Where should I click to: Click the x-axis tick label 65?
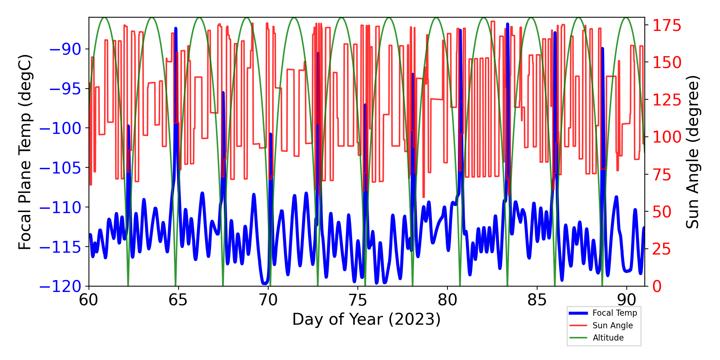coord(178,300)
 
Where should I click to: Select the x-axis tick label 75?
coord(357,300)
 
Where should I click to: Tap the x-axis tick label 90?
coord(627,300)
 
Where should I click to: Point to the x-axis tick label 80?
coord(447,300)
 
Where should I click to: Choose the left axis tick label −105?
coord(60,168)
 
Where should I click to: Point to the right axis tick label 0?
coord(657,287)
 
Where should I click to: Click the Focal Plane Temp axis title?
coord(25,152)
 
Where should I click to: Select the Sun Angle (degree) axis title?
coord(692,152)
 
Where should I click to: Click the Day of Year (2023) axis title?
coord(366,319)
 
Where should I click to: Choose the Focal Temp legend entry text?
coord(615,313)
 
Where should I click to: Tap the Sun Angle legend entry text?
coord(612,325)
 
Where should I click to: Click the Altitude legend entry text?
coord(608,338)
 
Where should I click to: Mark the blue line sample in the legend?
coord(578,313)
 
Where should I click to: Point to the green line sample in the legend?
coord(578,338)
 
